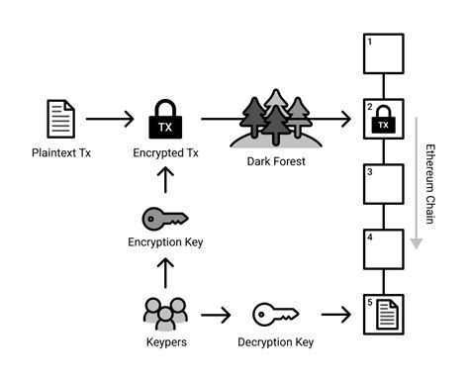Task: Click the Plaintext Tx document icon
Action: [x=61, y=119]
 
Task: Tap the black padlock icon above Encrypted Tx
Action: [x=164, y=119]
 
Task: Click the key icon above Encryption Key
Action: [x=165, y=218]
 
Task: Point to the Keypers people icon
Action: [x=165, y=314]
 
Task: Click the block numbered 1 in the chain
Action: [x=384, y=54]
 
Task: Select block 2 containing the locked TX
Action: [x=384, y=120]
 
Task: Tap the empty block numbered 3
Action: [x=384, y=185]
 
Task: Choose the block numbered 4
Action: [x=384, y=250]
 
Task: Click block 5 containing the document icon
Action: [x=384, y=316]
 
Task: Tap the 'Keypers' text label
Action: [x=165, y=342]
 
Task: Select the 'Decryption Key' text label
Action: [x=276, y=342]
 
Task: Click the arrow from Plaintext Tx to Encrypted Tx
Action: [x=110, y=119]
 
